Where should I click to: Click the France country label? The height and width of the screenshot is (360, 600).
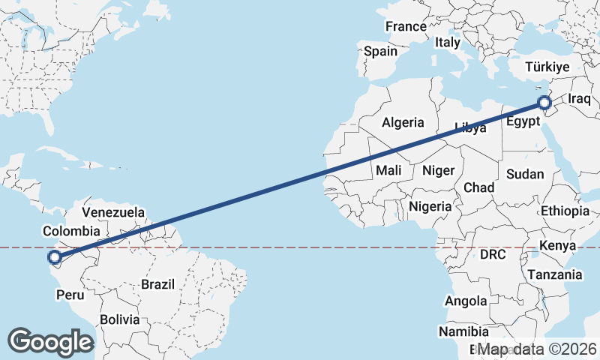(x=406, y=27)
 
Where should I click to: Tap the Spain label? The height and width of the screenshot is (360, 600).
(x=380, y=52)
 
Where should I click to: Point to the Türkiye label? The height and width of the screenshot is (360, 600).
(x=547, y=67)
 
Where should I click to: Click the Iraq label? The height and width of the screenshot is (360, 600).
(x=580, y=99)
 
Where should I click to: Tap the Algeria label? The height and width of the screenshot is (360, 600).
(x=403, y=122)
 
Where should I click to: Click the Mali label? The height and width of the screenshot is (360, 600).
(x=388, y=170)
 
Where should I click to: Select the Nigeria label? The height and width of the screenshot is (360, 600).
(x=430, y=205)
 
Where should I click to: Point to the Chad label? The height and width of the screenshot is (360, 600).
(x=478, y=187)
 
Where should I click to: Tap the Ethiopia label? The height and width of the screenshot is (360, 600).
(x=565, y=211)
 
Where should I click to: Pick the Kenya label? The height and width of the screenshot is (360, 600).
(x=557, y=245)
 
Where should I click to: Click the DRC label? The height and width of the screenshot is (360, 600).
(x=493, y=255)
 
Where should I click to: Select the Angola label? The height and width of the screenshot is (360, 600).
(x=466, y=301)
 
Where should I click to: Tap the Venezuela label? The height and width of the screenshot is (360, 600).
(x=113, y=212)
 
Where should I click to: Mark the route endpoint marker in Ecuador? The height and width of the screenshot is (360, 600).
(x=55, y=258)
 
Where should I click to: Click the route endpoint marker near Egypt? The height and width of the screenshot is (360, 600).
(x=545, y=103)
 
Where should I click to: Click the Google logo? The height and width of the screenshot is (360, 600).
(x=50, y=341)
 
